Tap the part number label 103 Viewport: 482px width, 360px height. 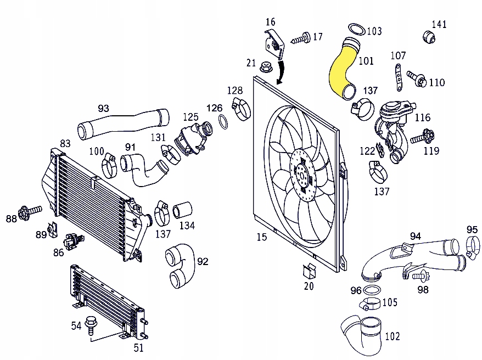(374, 31)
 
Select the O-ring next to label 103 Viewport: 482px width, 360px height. (356, 29)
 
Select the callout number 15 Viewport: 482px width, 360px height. (261, 237)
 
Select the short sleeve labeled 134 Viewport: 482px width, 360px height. (183, 210)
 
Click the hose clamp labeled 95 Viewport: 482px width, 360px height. (472, 245)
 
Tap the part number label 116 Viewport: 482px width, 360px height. (422, 117)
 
